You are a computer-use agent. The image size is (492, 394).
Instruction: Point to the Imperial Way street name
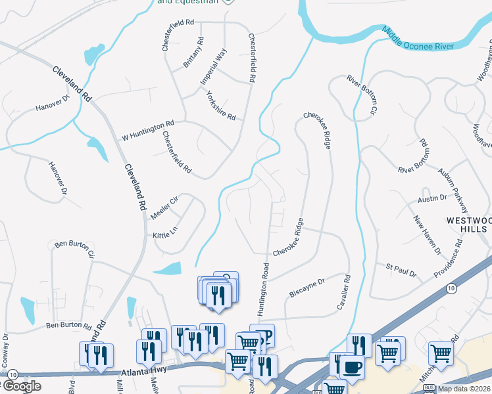click(x=213, y=66)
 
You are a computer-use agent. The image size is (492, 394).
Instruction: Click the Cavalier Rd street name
click(x=344, y=292)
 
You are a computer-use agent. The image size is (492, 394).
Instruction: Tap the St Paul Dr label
click(x=401, y=268)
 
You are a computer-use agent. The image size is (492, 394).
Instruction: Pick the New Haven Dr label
click(x=426, y=235)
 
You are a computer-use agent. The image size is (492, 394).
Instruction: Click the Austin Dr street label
click(x=432, y=197)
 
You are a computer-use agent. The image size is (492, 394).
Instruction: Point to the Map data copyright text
click(x=462, y=388)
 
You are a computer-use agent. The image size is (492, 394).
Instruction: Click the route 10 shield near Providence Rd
click(x=450, y=288)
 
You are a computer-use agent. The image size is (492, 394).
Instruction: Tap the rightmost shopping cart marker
click(x=441, y=353)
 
